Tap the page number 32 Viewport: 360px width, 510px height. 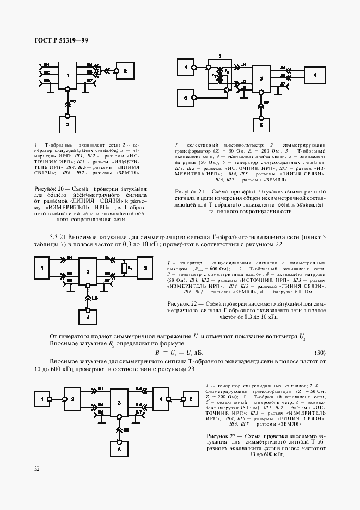tap(36, 468)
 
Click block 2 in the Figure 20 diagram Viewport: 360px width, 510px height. tap(125, 71)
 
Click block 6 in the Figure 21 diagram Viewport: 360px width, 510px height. tap(186, 98)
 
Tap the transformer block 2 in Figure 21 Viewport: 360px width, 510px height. tap(220, 76)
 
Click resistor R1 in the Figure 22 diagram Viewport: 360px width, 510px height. tap(124, 268)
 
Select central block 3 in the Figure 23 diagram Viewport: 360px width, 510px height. tap(120, 403)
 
